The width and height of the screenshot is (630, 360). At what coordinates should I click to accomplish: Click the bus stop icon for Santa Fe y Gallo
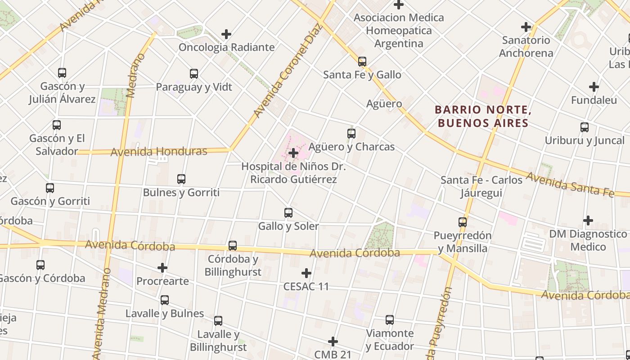click(362, 62)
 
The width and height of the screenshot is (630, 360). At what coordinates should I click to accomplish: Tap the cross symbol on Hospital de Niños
click(293, 153)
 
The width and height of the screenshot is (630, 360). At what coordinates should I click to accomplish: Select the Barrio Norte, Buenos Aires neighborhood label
click(481, 116)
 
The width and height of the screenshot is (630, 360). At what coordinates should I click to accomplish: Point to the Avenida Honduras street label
click(159, 152)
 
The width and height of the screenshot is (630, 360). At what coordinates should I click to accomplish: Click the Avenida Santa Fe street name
click(570, 184)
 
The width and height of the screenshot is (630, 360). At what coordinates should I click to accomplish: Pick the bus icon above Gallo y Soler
click(288, 213)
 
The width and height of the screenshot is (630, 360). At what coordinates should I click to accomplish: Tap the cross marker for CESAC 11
click(306, 273)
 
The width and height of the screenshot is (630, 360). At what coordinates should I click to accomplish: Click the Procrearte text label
click(162, 281)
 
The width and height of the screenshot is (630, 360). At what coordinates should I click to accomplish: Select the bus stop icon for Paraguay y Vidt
click(194, 74)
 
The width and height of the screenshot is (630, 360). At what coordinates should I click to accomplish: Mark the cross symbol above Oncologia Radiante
click(226, 34)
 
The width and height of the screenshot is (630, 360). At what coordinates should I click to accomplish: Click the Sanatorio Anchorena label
click(526, 46)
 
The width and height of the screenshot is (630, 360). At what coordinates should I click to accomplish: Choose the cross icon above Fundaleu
click(594, 87)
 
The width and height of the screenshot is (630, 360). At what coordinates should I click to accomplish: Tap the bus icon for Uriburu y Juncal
click(585, 127)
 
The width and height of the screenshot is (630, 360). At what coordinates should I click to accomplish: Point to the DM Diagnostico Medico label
click(588, 240)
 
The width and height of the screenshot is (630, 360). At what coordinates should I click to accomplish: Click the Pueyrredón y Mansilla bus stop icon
click(463, 222)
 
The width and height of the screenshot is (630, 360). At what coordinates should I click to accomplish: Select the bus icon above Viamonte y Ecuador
click(390, 320)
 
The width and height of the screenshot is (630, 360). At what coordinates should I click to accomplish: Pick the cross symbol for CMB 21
click(333, 342)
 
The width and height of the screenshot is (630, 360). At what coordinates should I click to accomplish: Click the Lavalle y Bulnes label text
click(165, 313)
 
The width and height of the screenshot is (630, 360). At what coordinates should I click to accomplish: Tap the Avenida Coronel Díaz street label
click(288, 71)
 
